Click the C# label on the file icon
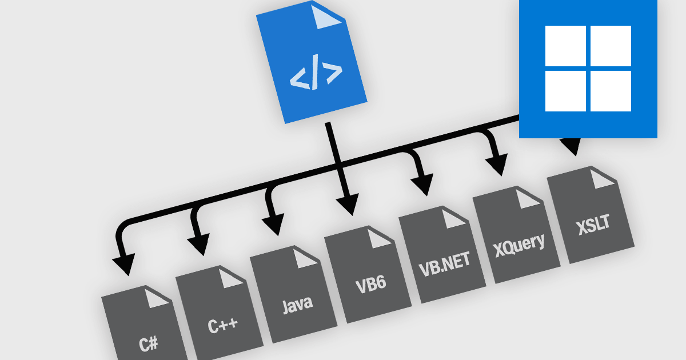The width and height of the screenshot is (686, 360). (x=149, y=344)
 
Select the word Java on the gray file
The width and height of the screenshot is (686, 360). (x=297, y=303)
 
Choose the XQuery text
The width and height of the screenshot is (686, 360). (x=519, y=243)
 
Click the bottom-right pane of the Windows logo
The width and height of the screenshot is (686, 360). (x=611, y=91)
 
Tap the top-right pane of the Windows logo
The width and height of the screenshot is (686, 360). (x=611, y=45)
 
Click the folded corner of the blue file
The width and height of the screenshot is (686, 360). (x=330, y=17)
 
